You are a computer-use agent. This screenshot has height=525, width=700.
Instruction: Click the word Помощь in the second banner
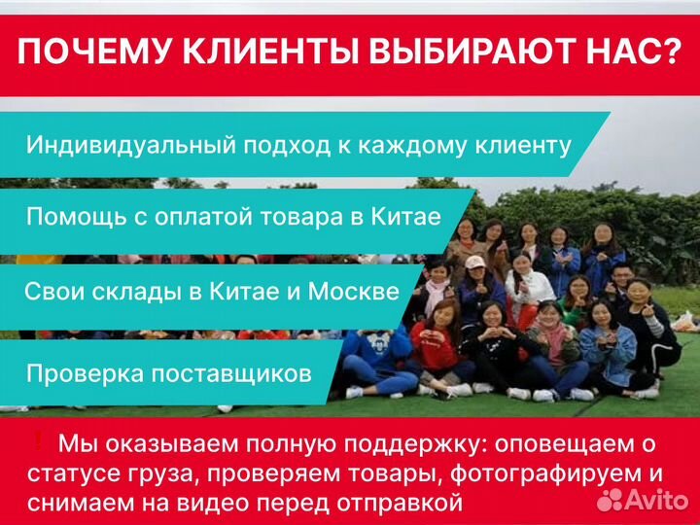click(x=70, y=216)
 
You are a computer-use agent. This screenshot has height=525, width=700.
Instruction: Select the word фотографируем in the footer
click(x=546, y=474)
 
